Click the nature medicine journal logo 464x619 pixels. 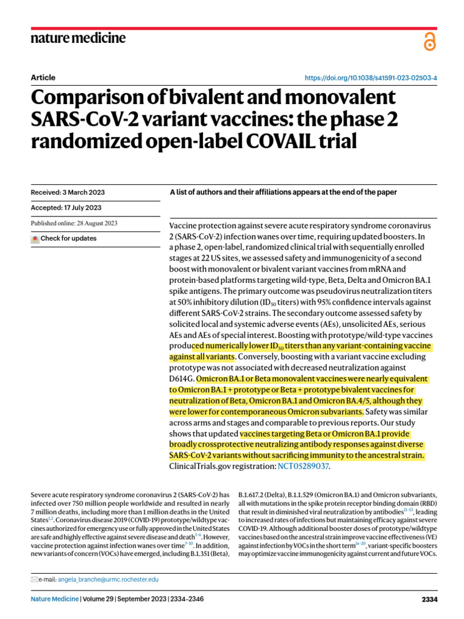point(78,38)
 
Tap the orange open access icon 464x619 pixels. point(430,41)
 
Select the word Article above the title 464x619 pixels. point(42,77)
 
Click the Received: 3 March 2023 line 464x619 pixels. point(68,192)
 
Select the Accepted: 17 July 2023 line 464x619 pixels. point(65,208)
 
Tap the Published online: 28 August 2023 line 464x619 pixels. point(74,223)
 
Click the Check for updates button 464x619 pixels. point(64,238)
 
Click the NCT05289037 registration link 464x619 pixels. point(303,467)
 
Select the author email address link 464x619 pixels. point(108,579)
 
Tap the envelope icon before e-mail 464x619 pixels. point(34,579)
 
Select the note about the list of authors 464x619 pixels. point(283,192)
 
